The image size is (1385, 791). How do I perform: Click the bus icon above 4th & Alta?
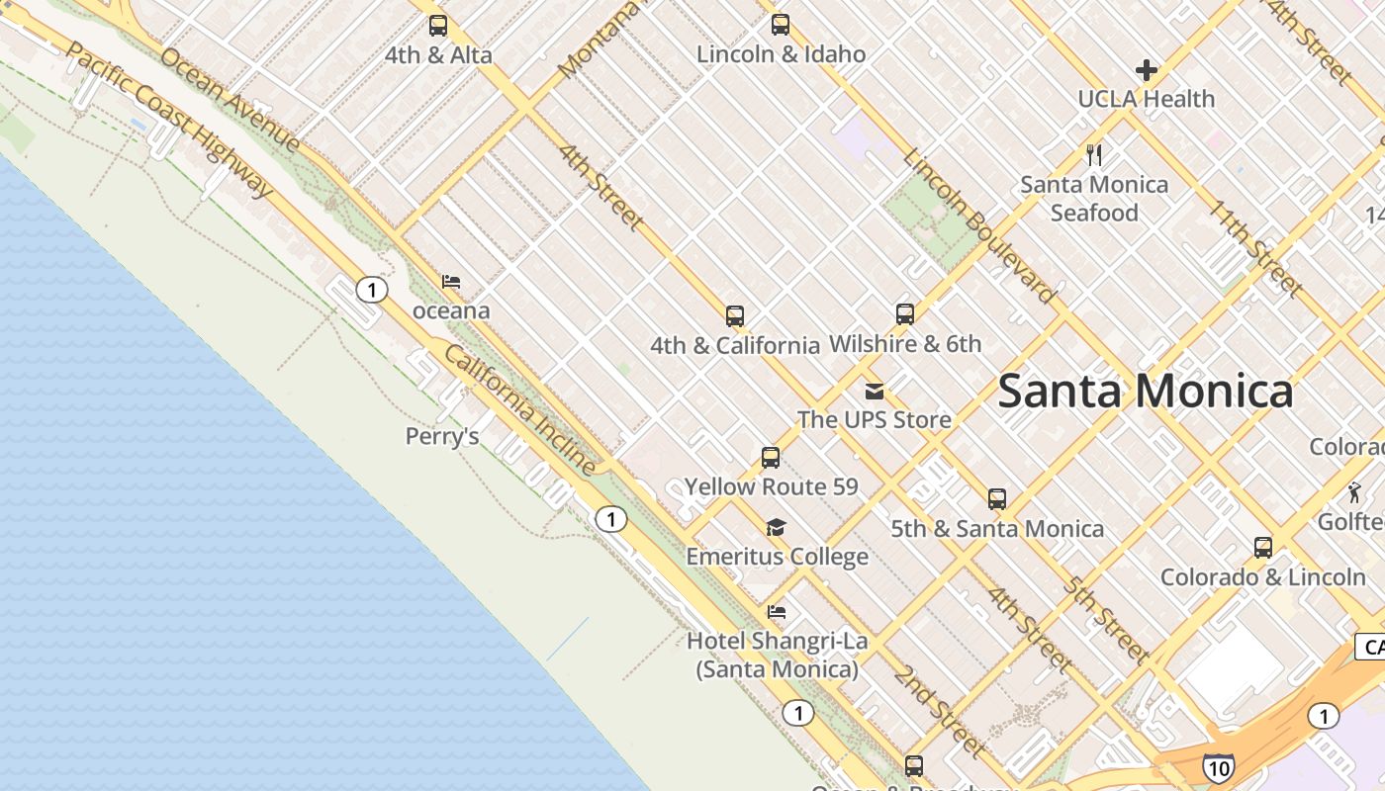(x=438, y=26)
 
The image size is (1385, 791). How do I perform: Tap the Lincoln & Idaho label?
(x=781, y=54)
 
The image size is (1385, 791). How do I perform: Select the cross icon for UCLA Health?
(x=1147, y=70)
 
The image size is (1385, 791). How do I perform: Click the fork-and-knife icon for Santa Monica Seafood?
(x=1094, y=155)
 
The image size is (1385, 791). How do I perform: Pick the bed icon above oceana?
(x=451, y=282)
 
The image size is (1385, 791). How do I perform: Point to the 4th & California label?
(x=734, y=345)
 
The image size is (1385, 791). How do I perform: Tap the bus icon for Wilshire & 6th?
(x=905, y=314)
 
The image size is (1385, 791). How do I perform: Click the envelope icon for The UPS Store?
(x=875, y=392)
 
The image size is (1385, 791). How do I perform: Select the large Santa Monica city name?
(x=1145, y=391)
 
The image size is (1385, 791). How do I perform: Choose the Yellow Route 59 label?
(x=771, y=486)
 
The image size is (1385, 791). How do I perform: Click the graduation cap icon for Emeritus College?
(x=777, y=527)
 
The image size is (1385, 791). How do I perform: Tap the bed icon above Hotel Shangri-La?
(x=777, y=612)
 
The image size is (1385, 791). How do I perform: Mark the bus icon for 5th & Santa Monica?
(x=997, y=499)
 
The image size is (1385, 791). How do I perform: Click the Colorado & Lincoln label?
(x=1262, y=576)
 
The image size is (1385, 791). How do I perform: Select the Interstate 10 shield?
(x=1218, y=767)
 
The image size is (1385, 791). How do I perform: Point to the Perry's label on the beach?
(x=442, y=436)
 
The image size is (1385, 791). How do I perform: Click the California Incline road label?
(x=520, y=409)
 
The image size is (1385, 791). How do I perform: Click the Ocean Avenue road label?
(x=230, y=99)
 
